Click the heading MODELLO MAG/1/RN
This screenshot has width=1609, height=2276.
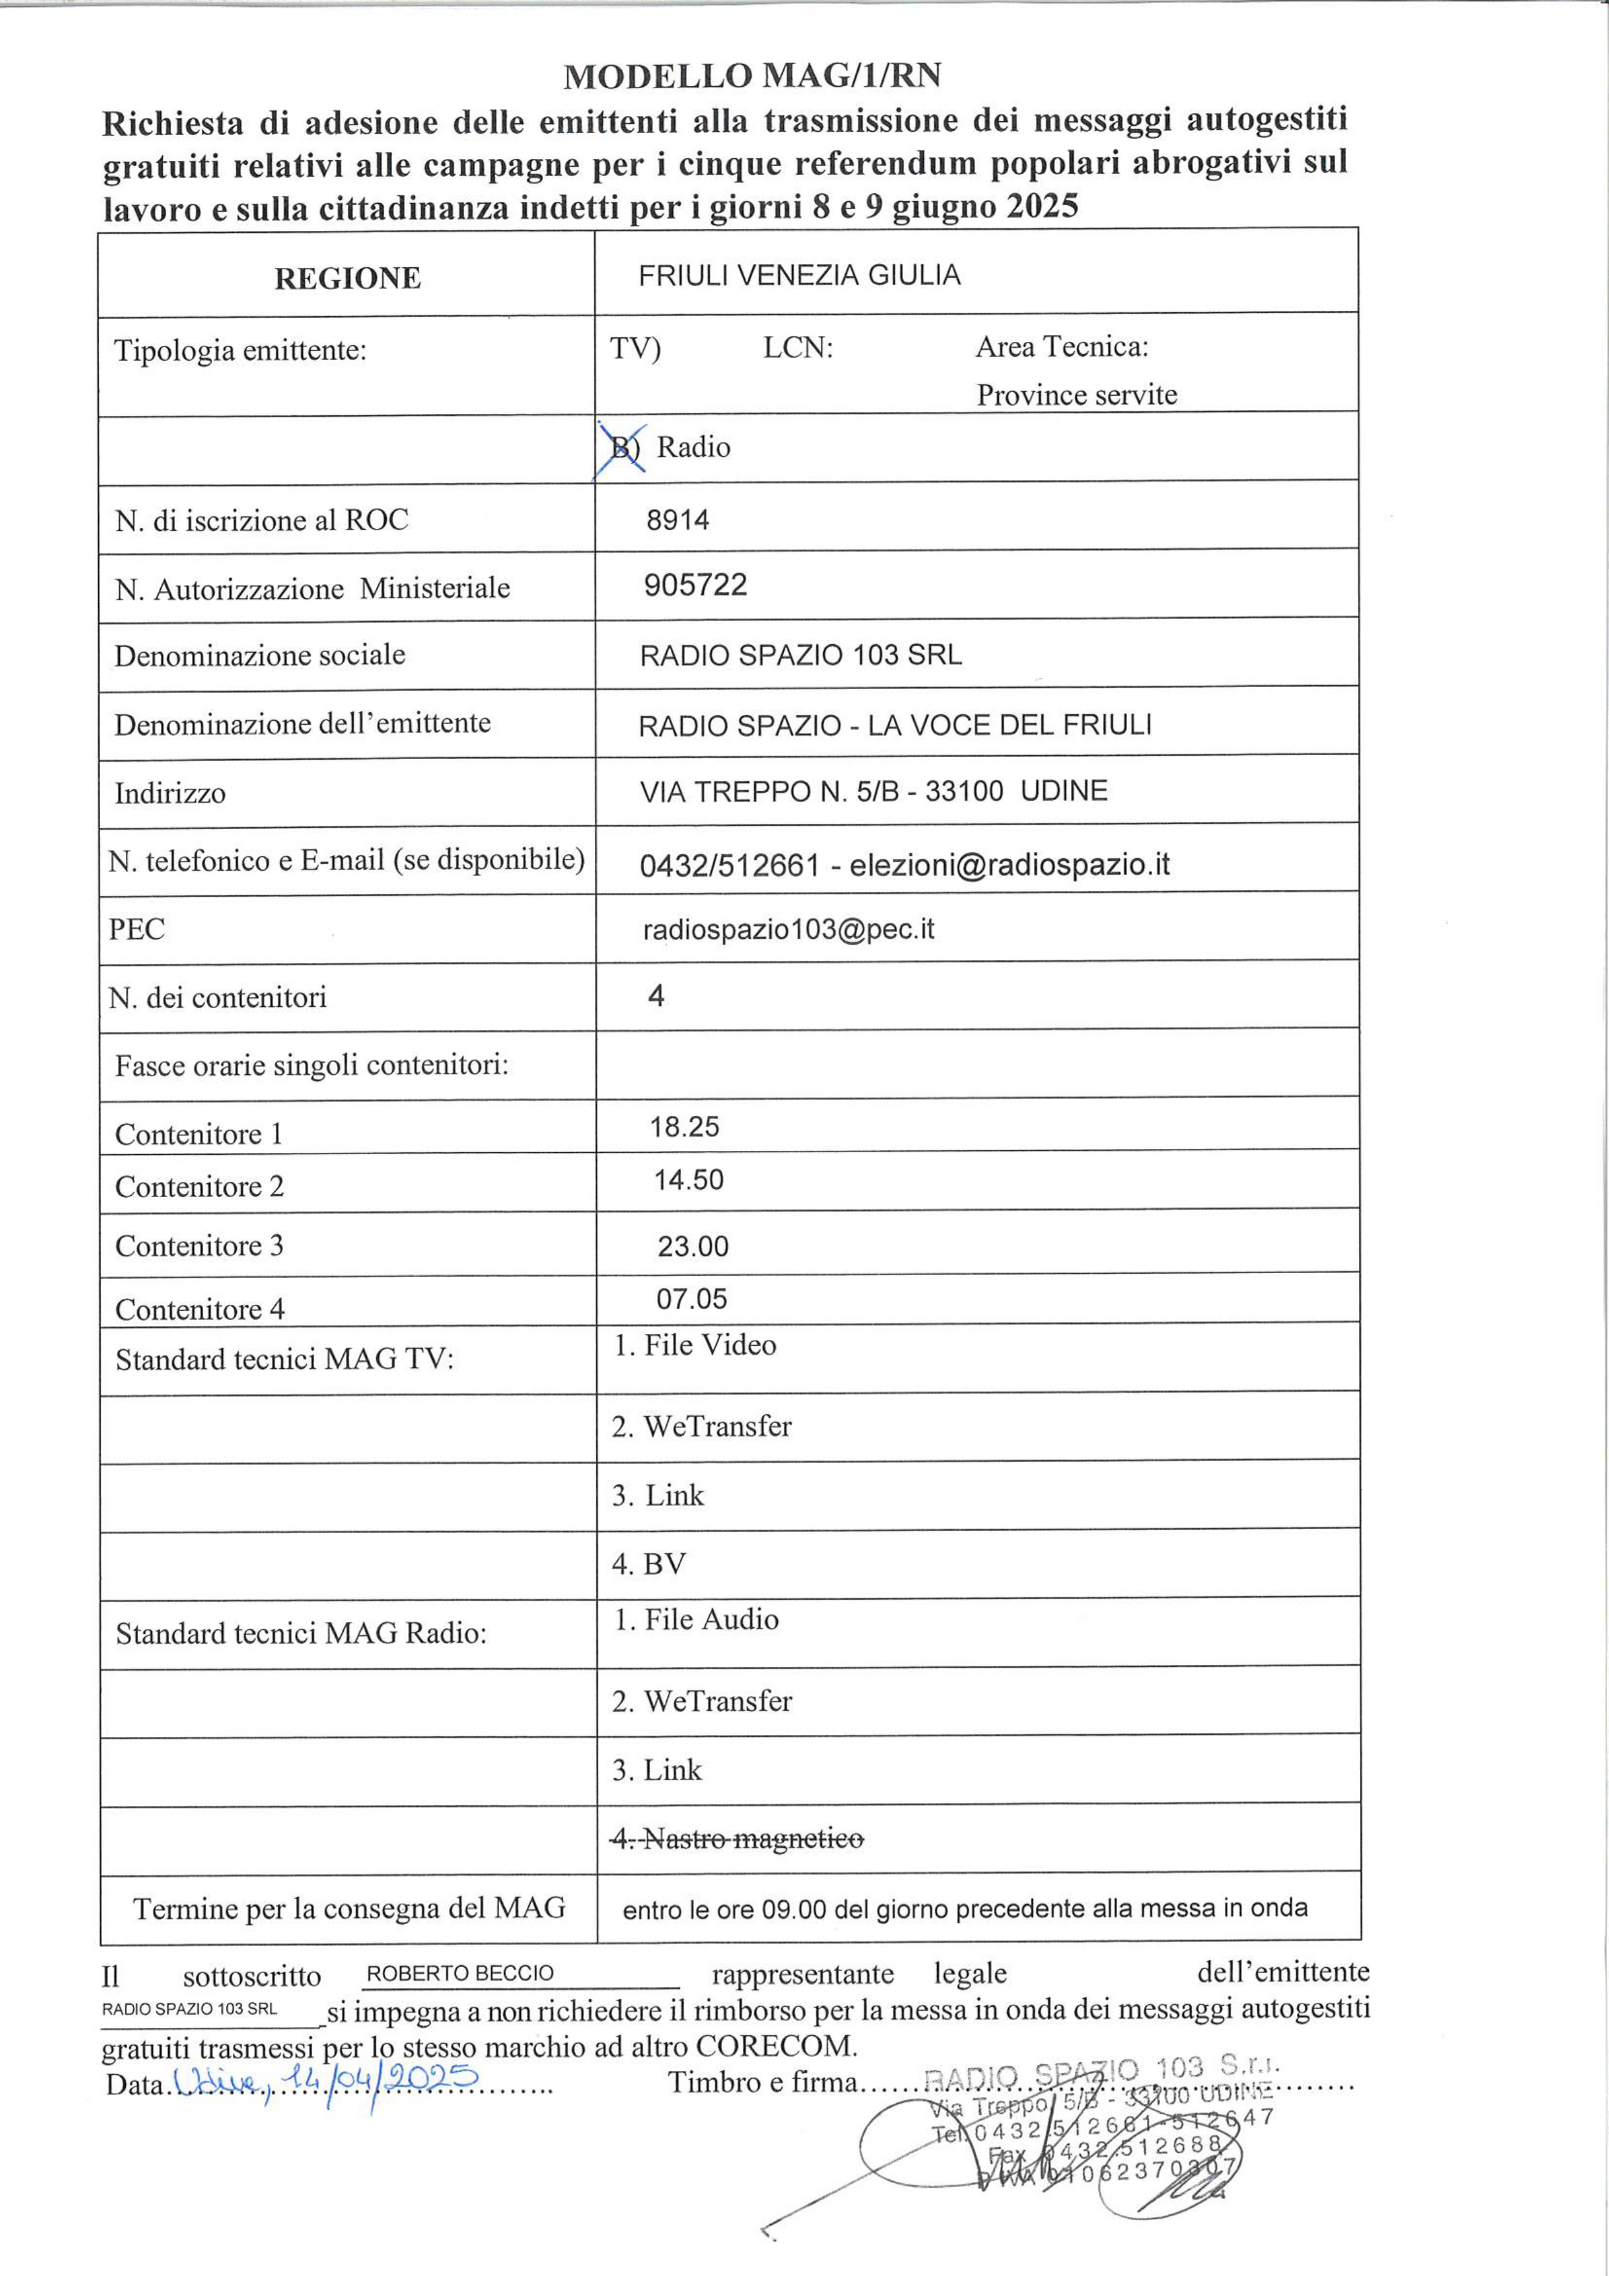753,77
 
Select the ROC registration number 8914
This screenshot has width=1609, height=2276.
678,520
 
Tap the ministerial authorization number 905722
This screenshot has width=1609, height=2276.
695,585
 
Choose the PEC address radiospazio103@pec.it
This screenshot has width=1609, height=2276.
788,929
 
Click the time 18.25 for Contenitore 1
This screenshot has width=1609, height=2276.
684,1126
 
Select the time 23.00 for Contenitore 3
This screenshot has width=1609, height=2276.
693,1246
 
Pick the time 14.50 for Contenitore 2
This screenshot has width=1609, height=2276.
688,1180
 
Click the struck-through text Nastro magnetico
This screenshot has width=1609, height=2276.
738,1839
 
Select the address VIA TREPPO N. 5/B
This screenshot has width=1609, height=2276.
768,791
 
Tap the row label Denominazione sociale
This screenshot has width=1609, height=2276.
260,655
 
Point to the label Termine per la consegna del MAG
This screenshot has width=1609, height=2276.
349,1907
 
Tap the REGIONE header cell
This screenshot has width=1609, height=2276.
347,278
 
